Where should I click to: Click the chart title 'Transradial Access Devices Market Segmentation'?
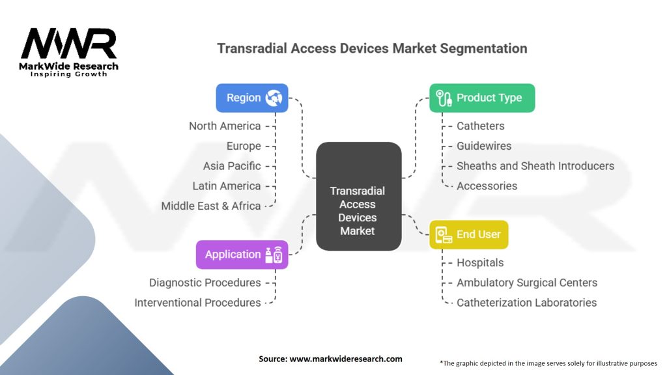coord(372,49)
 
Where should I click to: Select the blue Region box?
coord(252,98)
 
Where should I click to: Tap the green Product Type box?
coord(482,98)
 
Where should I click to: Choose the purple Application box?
coord(242,255)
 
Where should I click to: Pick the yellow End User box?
coord(469,234)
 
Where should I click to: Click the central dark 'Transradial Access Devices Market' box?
coord(358,210)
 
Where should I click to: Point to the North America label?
coord(225,126)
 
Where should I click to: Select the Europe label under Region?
coord(244,146)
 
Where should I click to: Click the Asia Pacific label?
coord(232,166)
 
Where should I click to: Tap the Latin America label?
coord(227,186)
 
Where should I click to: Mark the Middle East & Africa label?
coord(211,206)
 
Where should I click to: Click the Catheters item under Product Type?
coord(481,126)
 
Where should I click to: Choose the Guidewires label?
coord(484,146)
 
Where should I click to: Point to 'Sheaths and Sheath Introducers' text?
coord(535,166)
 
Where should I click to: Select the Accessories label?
coord(487,186)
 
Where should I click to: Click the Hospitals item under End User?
coord(480,263)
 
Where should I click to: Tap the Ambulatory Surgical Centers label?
coord(527,283)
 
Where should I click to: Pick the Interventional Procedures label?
coord(197,303)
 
